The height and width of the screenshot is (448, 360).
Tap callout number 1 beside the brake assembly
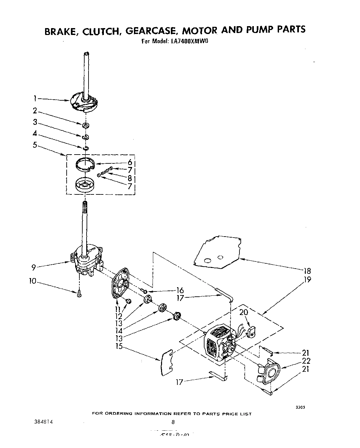coord(35,98)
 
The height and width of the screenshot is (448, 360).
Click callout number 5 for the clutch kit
coord(35,145)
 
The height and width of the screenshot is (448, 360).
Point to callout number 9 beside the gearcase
coord(33,267)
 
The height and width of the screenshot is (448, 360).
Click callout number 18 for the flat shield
coord(307,271)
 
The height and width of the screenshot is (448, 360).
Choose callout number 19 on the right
coord(307,279)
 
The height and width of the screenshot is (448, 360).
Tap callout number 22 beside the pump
coord(306,361)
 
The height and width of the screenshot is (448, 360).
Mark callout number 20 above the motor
coord(244,312)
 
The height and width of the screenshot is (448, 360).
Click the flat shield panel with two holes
coord(217,252)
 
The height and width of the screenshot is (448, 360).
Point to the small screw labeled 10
coord(79,294)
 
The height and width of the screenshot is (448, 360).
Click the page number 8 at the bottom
coord(173,422)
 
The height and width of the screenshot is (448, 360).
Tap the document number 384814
coord(41,422)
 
